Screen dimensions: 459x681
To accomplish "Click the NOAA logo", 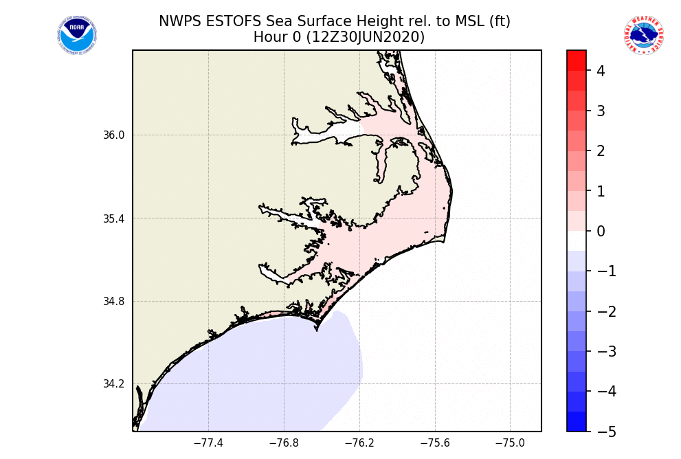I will point(77,36).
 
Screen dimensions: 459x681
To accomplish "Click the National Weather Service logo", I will point(643,36).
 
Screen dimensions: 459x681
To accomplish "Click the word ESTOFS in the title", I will point(225,21).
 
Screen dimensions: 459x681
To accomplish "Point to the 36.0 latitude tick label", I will point(114,135).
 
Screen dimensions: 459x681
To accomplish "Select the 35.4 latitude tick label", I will point(114,219).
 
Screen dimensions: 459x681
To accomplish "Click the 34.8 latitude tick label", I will point(114,302).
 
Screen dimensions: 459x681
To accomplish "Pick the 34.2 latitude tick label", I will point(114,384).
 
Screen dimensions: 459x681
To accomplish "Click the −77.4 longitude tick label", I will point(208,443).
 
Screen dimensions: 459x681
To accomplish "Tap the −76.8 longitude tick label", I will point(284,443).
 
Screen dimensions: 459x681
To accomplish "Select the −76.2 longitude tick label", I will point(359,443).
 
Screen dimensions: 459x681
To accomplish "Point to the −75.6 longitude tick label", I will point(435,443).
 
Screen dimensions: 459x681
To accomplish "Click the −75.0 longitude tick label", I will point(511,443).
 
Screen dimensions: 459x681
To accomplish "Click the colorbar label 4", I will point(601,71).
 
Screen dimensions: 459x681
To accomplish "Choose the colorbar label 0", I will point(601,232).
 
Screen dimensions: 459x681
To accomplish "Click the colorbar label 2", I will point(601,151).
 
